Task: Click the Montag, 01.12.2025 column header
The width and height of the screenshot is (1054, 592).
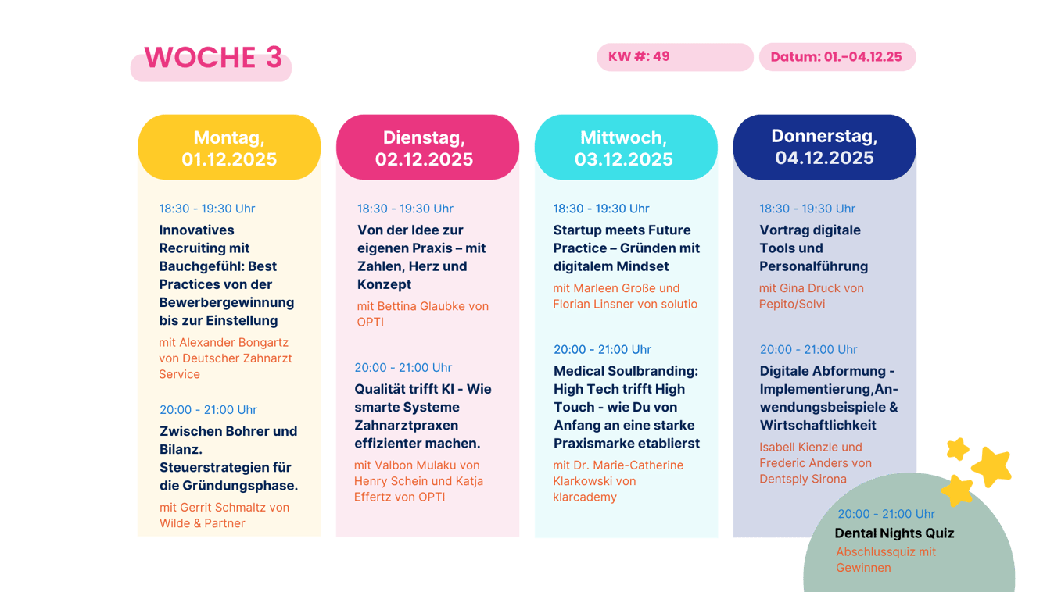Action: (x=229, y=148)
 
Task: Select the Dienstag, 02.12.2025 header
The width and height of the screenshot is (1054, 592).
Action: (x=428, y=148)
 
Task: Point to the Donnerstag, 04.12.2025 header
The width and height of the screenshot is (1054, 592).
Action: (x=824, y=147)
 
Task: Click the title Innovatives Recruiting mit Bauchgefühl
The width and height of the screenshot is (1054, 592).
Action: (x=227, y=275)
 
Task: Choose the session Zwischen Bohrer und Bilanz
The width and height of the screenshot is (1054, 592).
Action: (x=228, y=458)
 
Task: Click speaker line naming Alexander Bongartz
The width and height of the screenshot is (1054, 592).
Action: (x=225, y=358)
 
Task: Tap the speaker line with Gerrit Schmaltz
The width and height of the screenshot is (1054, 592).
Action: (x=224, y=515)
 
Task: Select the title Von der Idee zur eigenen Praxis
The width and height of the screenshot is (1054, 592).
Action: (x=421, y=257)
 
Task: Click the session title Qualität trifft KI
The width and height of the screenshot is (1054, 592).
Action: (x=423, y=416)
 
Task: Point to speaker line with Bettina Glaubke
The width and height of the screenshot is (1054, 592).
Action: (x=423, y=314)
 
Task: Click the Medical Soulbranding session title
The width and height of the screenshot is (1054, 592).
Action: (x=626, y=407)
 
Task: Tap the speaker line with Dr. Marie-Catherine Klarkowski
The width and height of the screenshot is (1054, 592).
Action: (x=618, y=481)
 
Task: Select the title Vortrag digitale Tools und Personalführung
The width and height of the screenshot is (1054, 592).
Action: (x=814, y=248)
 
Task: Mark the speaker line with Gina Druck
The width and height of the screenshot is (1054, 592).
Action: (x=812, y=296)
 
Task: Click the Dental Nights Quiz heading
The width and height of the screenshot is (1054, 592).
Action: (x=894, y=533)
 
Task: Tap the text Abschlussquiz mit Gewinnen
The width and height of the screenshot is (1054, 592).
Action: (x=886, y=559)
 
